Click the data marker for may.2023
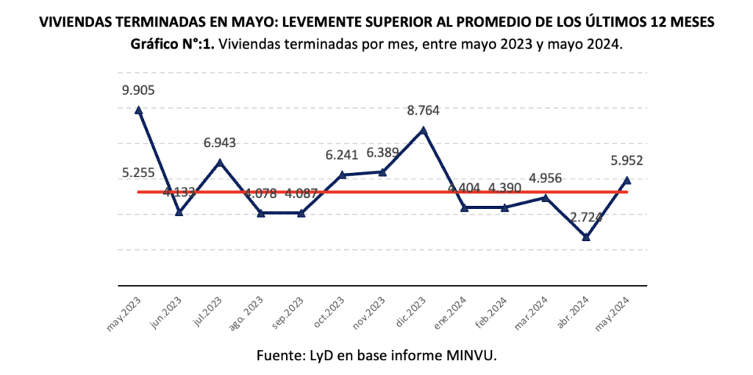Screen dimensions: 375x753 pos(138,110)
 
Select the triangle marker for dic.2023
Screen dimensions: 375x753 pos(423,130)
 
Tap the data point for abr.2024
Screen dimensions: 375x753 pos(586,237)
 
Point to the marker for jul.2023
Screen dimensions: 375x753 pos(220,162)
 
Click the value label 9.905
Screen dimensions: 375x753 pos(139,90)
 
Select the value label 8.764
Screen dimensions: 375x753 pos(423,112)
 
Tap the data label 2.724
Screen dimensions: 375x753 pos(586,218)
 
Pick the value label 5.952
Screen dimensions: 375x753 pos(627,161)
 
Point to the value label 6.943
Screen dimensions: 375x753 pos(220,142)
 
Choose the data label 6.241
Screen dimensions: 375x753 pos(342,155)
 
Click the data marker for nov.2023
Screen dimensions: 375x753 pos(382,172)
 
